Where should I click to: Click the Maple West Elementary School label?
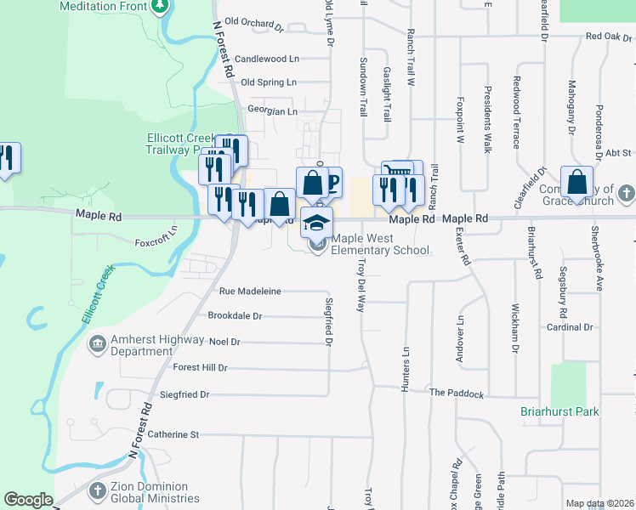[380, 245]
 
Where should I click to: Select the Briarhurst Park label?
[559, 412]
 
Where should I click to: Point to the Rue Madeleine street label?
[250, 291]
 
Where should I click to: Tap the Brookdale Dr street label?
[236, 315]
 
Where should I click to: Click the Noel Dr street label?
[224, 342]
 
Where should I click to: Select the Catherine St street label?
[173, 434]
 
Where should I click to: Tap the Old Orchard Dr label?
[253, 25]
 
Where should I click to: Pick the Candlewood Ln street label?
[267, 59]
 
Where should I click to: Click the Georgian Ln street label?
[272, 110]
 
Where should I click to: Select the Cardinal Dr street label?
[569, 327]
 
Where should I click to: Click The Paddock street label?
[456, 394]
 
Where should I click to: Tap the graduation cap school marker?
[316, 223]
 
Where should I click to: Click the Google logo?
[28, 500]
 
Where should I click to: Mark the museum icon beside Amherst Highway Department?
[98, 344]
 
